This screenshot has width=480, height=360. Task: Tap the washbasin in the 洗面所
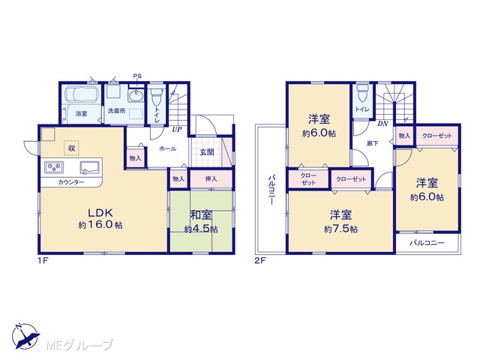pyautogui.click(x=136, y=96)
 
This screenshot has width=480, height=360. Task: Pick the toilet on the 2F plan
pyautogui.click(x=362, y=93)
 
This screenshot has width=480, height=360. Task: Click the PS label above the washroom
pyautogui.click(x=137, y=76)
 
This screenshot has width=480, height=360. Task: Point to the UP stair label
pyautogui.click(x=177, y=130)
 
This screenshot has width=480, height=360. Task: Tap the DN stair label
pyautogui.click(x=382, y=124)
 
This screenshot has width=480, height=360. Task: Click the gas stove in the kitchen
pyautogui.click(x=54, y=166)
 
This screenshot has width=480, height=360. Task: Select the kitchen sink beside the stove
pyautogui.click(x=90, y=167)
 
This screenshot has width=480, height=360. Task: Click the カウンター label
pyautogui.click(x=71, y=182)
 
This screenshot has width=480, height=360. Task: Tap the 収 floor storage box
pyautogui.click(x=72, y=148)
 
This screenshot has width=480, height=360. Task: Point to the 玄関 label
pyautogui.click(x=207, y=151)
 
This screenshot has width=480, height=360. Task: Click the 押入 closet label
pyautogui.click(x=211, y=178)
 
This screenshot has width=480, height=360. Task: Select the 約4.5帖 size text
pyautogui.click(x=201, y=229)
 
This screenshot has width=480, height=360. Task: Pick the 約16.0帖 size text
pyautogui.click(x=100, y=225)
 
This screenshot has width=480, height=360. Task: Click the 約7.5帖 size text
pyautogui.click(x=340, y=229)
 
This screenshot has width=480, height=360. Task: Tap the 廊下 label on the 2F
pyautogui.click(x=373, y=143)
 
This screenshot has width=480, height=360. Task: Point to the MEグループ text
pyautogui.click(x=79, y=345)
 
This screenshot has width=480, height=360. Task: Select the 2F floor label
pyautogui.click(x=260, y=261)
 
